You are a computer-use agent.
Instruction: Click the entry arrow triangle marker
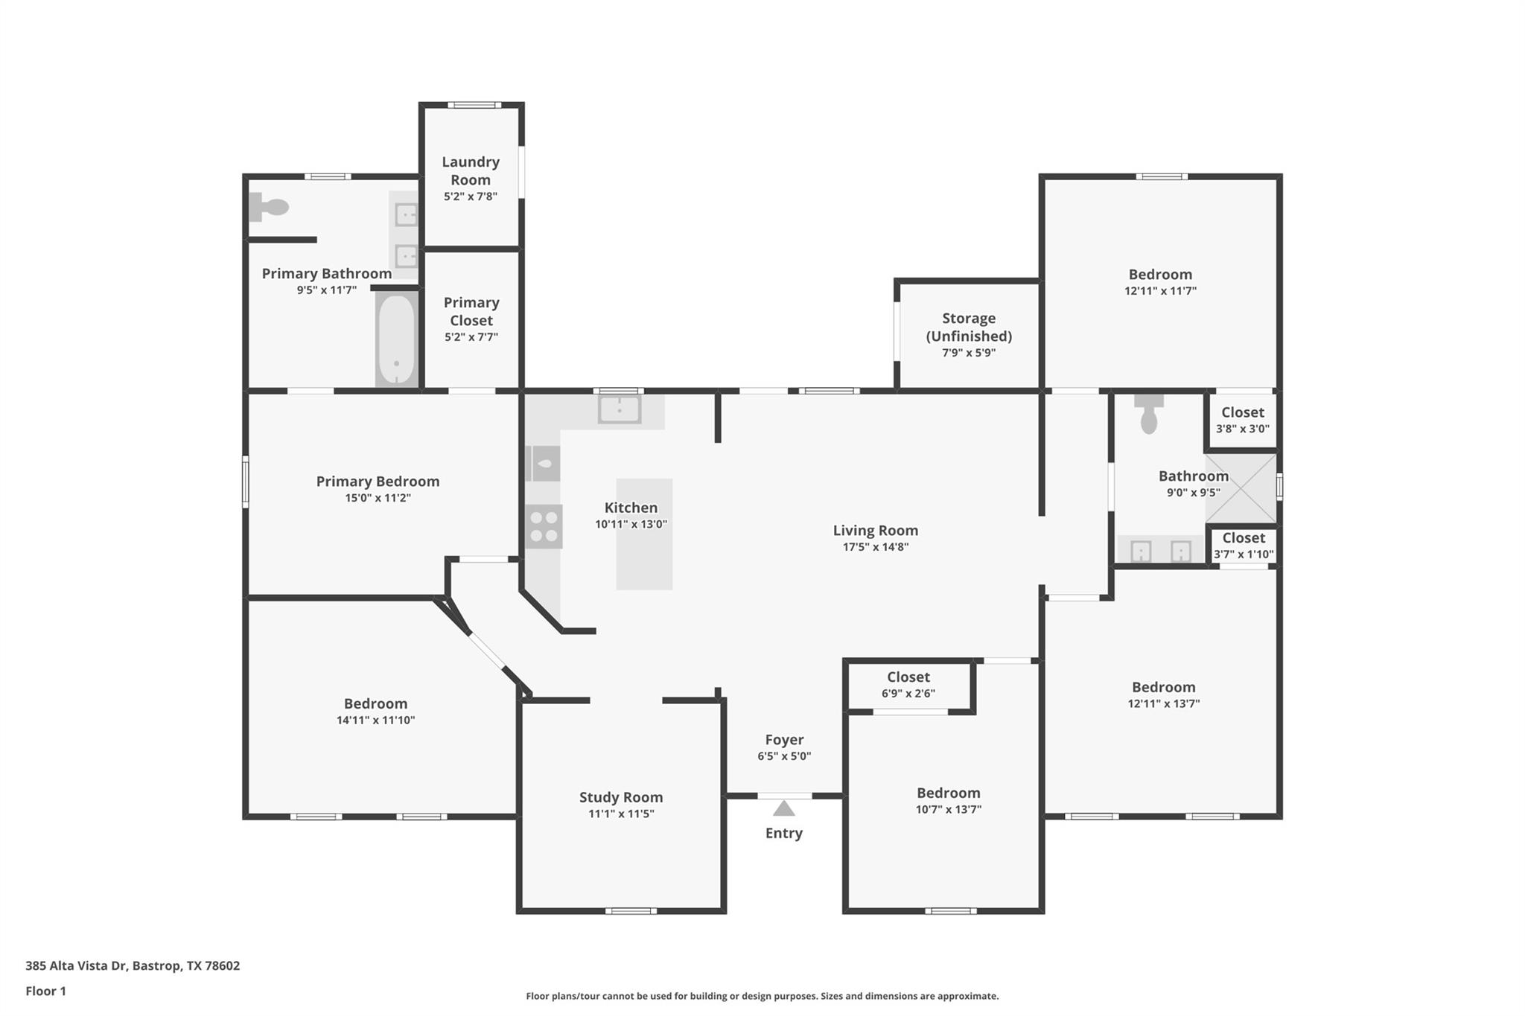coord(783,808)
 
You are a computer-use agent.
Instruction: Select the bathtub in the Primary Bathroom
coord(396,339)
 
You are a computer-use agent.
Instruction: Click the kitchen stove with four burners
coord(544,526)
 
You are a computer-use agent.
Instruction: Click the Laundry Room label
coord(471,170)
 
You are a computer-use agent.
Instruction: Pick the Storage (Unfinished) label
coord(969,327)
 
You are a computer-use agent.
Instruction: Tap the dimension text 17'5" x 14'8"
coord(875,547)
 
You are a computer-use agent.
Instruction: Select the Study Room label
coord(621,797)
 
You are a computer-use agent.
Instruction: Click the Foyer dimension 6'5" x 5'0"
coord(784,756)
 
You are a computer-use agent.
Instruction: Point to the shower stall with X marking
coord(1241,488)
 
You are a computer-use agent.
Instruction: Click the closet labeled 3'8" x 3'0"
coord(1242,420)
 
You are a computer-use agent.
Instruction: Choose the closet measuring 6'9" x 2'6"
coord(908,685)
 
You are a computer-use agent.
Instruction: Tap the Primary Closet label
coord(471,311)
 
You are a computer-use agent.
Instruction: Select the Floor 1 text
coord(46,991)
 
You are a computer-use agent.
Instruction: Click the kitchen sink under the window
coord(619,409)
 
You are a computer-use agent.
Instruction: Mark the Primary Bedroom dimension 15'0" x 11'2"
coord(378,498)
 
